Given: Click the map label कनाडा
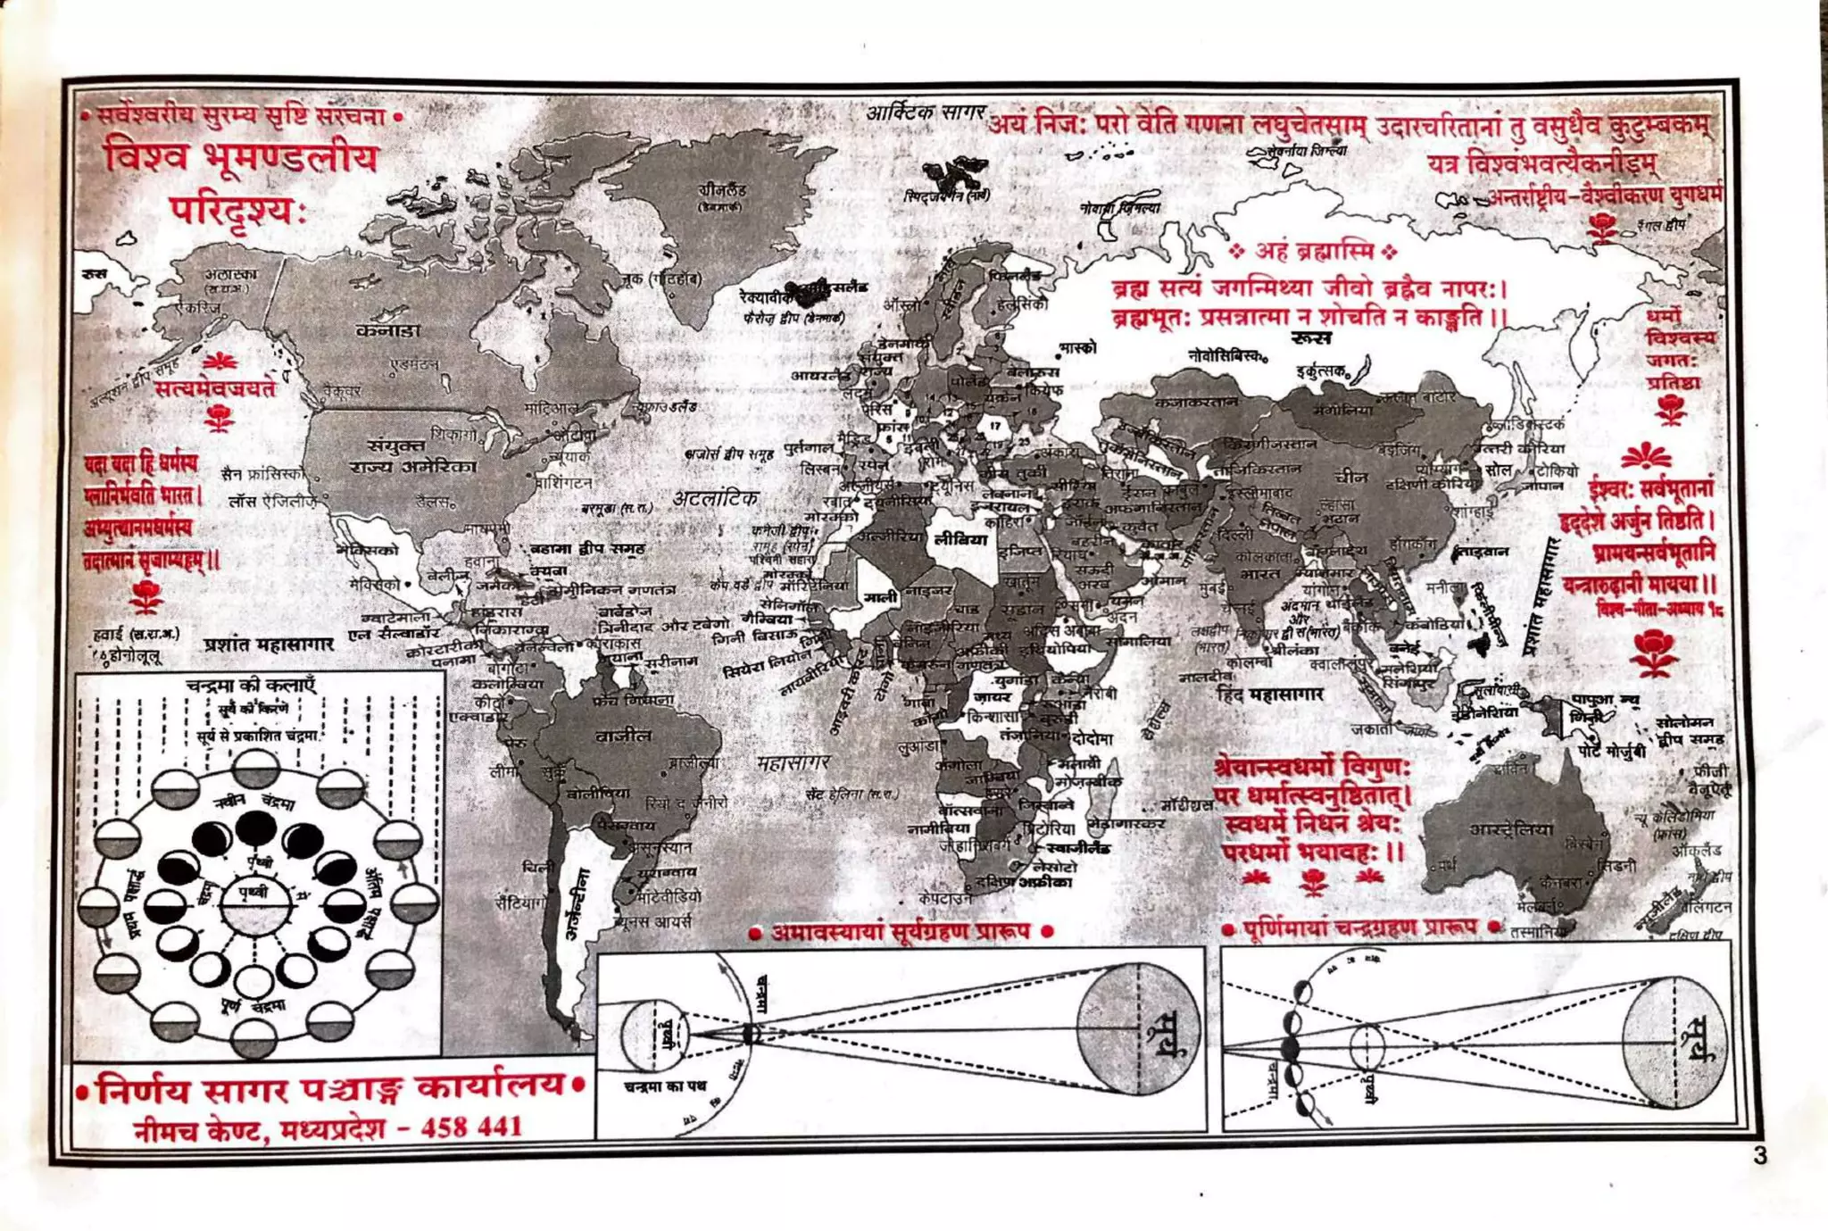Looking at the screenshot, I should [387, 330].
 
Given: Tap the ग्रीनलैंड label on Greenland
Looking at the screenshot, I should [722, 190].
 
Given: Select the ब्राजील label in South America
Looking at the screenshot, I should [623, 736].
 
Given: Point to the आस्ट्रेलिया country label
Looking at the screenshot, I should [1511, 829].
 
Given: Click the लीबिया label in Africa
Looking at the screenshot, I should [960, 539].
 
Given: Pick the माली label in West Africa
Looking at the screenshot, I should [879, 597].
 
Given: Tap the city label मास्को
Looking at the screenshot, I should [1077, 347].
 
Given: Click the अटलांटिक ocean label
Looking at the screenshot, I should [715, 498].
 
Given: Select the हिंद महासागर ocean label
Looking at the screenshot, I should [1270, 694].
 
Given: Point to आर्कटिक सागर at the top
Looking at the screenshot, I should [926, 112].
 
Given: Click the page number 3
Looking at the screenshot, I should [1759, 1155].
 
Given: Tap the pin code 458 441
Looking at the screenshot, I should [471, 1127].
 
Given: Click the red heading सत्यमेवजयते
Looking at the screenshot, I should [215, 388].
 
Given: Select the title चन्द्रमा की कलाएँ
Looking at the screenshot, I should [251, 686].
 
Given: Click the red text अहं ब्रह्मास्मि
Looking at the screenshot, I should [1312, 251].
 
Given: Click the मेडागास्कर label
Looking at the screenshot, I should [1126, 823].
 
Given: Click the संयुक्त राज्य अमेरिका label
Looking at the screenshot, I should [411, 455].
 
